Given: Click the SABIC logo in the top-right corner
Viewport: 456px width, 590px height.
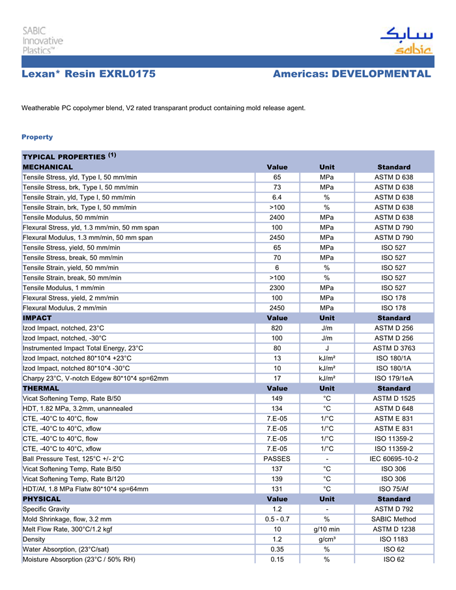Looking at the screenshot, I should coord(405,40).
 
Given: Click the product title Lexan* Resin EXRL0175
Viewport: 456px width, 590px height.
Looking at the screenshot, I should coord(89,74).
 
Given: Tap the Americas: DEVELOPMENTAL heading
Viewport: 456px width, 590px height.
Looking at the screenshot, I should coord(352,74).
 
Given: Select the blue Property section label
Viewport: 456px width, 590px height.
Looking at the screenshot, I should coord(37,137).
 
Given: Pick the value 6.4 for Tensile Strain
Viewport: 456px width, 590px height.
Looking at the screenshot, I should coord(277,198).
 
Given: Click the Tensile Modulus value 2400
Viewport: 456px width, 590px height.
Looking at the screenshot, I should coord(277,217).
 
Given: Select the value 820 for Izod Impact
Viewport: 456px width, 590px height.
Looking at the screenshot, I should coord(277,328).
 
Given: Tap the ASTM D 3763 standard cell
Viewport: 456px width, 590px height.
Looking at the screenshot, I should coord(393,348).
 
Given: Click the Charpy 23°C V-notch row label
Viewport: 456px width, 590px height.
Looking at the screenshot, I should coord(95,378).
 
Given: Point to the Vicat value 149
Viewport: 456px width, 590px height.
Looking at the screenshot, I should coord(277,398).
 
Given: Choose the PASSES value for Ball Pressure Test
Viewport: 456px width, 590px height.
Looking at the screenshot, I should coord(277,458).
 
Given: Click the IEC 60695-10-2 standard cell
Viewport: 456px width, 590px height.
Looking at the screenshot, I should coord(393,458).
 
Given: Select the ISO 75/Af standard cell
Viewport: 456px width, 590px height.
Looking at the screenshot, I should coord(393,489).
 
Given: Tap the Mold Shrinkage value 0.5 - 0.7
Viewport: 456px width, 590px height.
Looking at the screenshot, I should coord(277,519).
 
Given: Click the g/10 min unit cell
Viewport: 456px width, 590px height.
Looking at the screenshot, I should coord(326,529).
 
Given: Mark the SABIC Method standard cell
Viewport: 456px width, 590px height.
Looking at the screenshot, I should coord(393,519).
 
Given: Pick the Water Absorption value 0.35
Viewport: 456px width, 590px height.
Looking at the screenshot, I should coord(277,549).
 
